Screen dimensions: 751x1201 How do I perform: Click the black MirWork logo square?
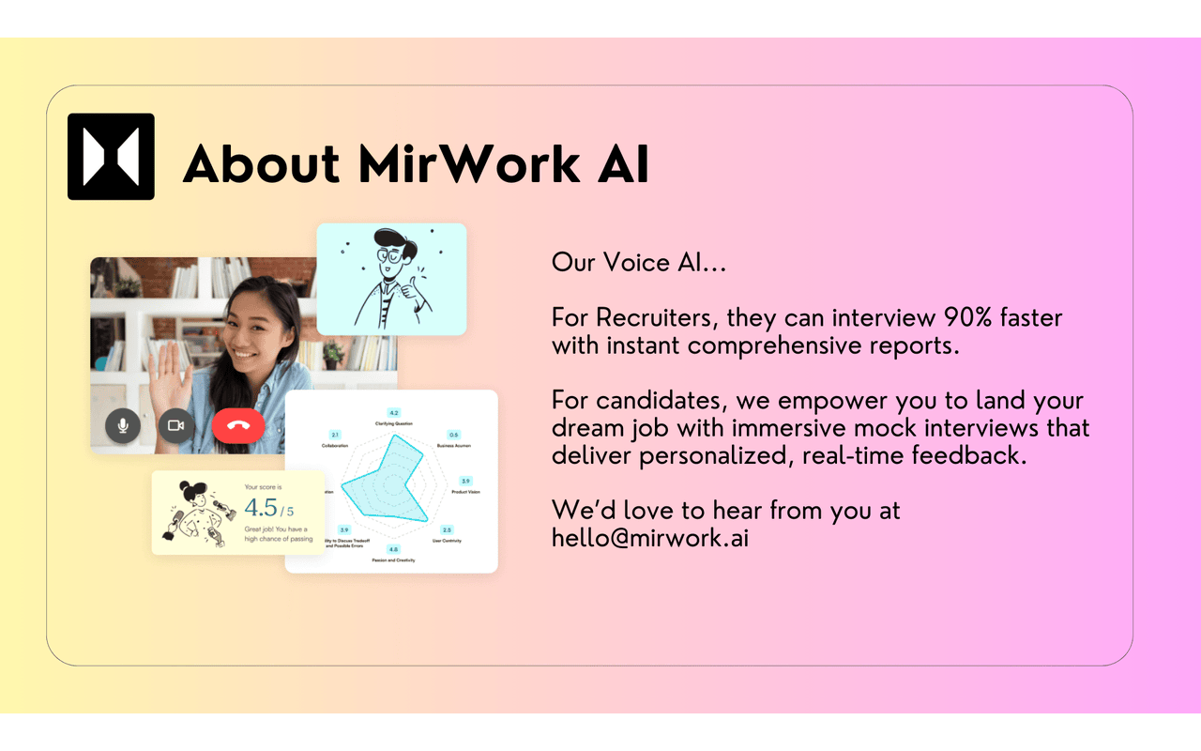coord(111,157)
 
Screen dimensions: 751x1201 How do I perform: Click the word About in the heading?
coord(261,164)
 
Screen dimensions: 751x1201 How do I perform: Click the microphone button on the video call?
coord(123,425)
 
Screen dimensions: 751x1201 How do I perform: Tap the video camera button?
coord(175,425)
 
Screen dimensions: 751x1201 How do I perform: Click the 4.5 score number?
coord(261,508)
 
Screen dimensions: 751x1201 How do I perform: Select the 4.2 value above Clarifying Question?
coord(393,413)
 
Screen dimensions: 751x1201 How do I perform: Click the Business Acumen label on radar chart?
coord(454,445)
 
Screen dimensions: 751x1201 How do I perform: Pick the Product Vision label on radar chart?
coord(466,492)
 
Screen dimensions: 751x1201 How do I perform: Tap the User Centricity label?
coord(447,541)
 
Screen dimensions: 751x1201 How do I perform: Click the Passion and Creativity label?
coord(392,560)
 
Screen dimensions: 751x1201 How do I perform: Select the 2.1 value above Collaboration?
coord(335,436)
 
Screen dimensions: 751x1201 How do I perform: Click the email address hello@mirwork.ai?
coord(649,540)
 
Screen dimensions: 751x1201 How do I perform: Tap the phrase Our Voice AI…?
coord(639,262)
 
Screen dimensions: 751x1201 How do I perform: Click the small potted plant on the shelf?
coord(333,353)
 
